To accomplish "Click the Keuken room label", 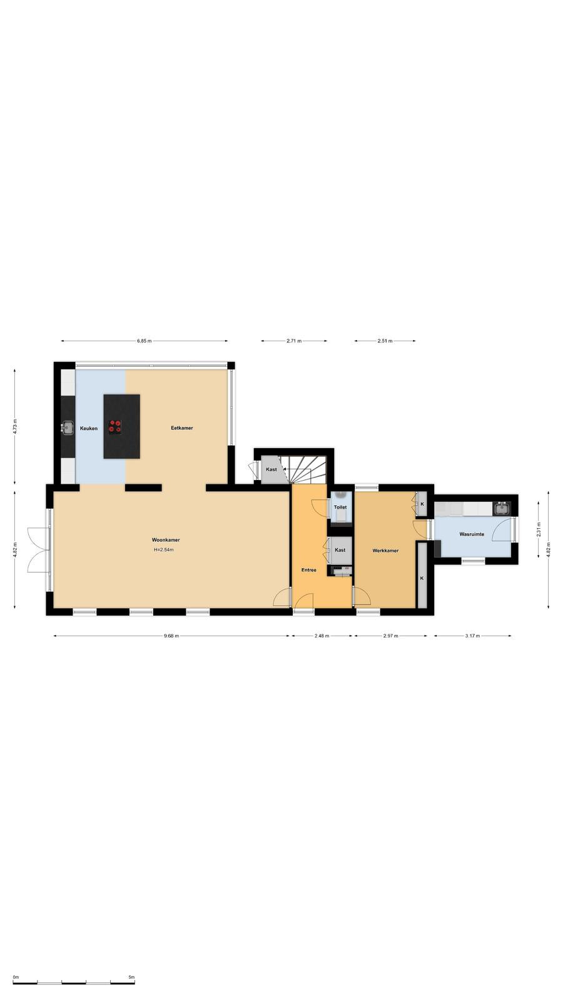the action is click(88, 429).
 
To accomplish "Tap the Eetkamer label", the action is click(182, 428).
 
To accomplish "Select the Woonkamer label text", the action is click(166, 540).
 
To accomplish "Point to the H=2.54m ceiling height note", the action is click(163, 550).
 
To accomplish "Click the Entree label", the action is click(309, 570).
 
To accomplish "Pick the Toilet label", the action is click(340, 507).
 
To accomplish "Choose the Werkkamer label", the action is click(385, 551).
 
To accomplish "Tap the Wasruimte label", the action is click(472, 534).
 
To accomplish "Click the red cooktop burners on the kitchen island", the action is click(115, 426).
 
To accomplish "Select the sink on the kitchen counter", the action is click(68, 427).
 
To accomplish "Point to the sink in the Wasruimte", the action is click(502, 508).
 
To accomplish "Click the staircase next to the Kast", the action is click(308, 469).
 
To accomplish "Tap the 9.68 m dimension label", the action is click(171, 636).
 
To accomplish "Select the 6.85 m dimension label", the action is click(145, 341).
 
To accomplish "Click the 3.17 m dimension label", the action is click(472, 636).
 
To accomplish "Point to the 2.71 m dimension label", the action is click(294, 341).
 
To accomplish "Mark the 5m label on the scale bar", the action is click(131, 977).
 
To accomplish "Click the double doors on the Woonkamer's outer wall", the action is click(39, 550).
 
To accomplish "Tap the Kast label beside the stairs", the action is click(271, 469).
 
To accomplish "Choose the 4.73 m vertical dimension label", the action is click(15, 427).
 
